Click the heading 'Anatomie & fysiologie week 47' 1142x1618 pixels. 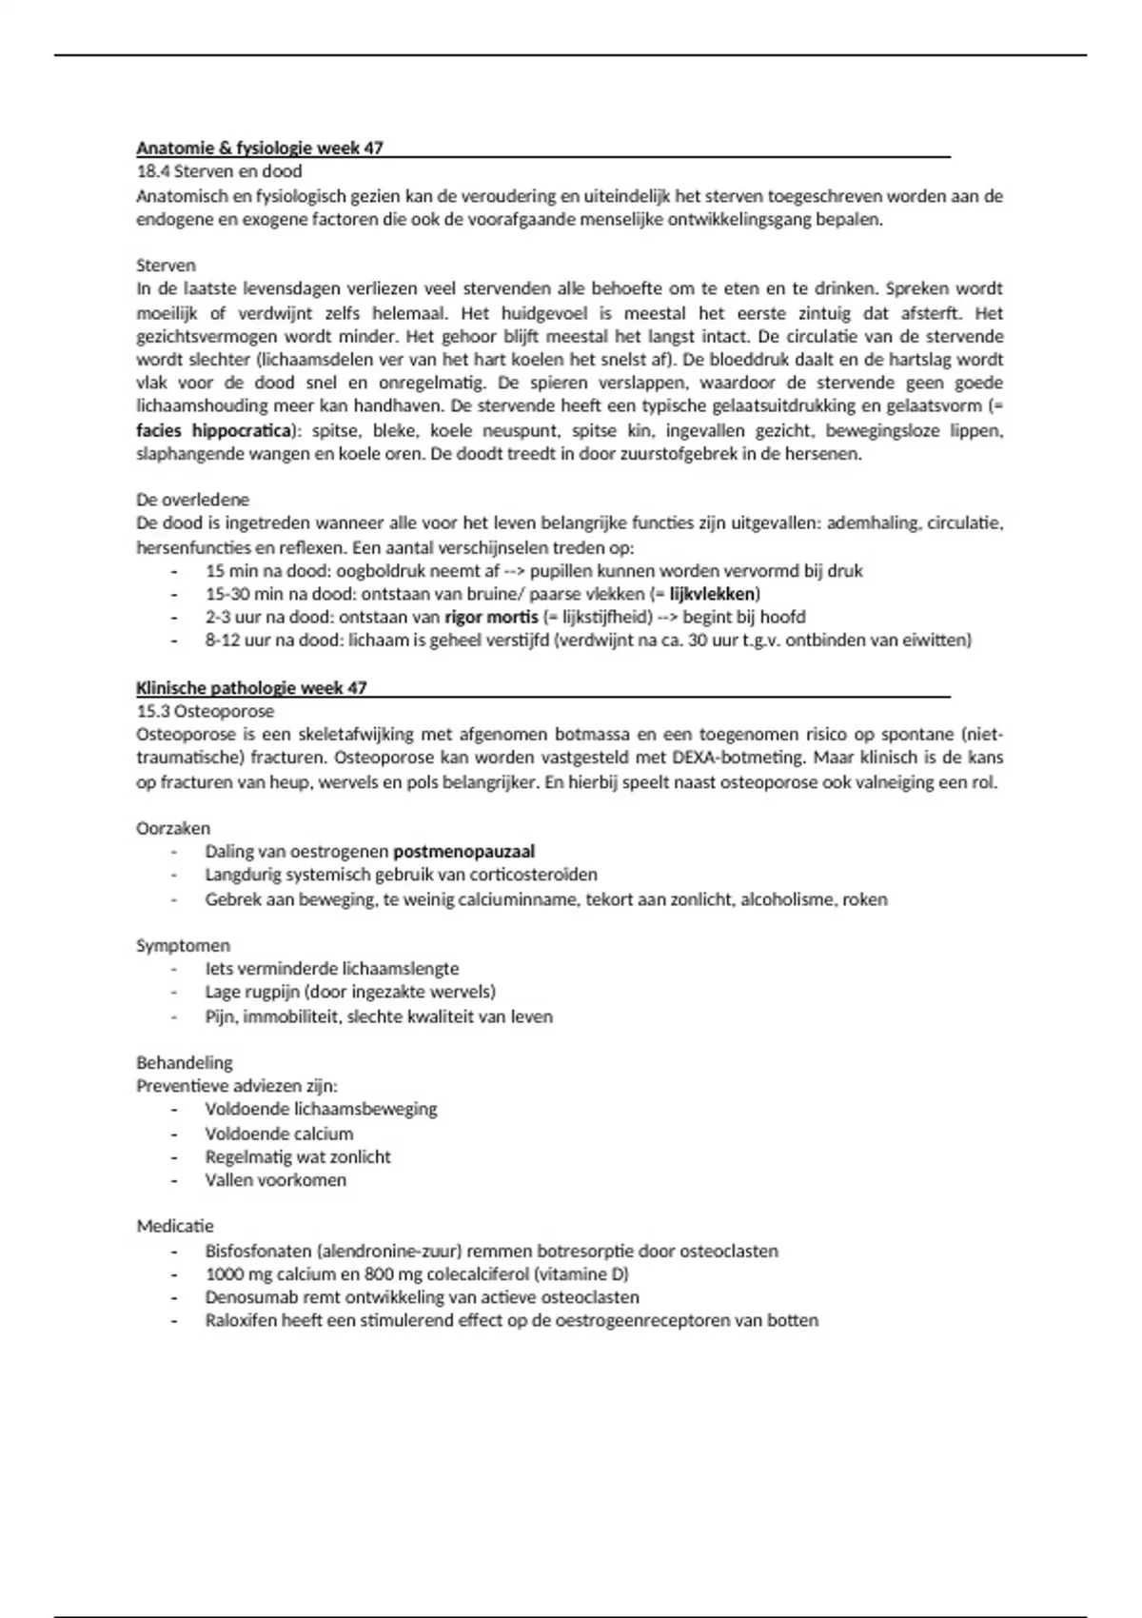click(x=260, y=148)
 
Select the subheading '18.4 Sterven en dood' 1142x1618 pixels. click(x=219, y=171)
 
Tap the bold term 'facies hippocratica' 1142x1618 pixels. click(x=213, y=430)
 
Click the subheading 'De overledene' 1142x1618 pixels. click(x=192, y=500)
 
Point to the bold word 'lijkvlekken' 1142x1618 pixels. click(x=713, y=594)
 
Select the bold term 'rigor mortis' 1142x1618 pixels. click(x=491, y=617)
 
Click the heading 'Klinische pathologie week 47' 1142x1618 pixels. click(x=251, y=687)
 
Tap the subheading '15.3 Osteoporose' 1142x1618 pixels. click(x=205, y=711)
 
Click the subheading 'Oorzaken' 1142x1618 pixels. click(x=173, y=828)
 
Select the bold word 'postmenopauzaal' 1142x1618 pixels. click(x=463, y=852)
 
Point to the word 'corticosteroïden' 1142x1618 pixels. click(x=536, y=875)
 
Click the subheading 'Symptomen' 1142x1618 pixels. click(x=183, y=945)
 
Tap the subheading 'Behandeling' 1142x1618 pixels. click(x=185, y=1062)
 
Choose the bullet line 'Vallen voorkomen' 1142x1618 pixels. click(x=275, y=1180)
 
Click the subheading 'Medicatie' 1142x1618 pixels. click(x=175, y=1226)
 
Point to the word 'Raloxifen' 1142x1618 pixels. click(x=240, y=1320)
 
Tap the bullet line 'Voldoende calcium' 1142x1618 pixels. click(x=279, y=1134)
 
